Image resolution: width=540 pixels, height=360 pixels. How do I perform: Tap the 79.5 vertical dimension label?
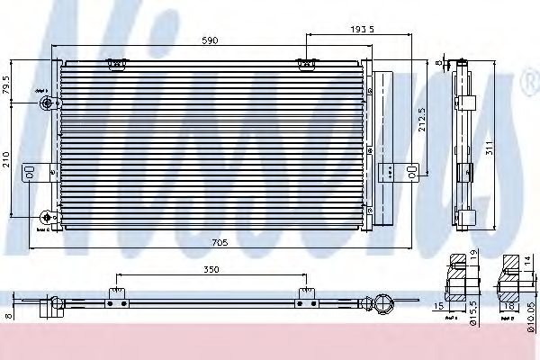[7, 85]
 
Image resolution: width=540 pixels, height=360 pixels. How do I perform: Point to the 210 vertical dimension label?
[7, 161]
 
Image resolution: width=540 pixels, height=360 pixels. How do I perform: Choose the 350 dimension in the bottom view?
[210, 268]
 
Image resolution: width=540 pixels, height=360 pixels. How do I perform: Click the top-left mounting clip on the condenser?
[114, 63]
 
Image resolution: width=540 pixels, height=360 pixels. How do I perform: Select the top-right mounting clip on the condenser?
[308, 63]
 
